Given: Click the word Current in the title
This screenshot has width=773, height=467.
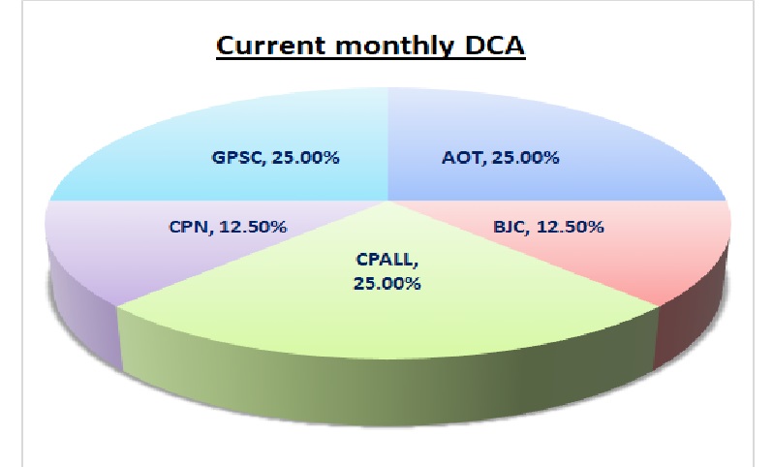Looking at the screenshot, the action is (x=271, y=46).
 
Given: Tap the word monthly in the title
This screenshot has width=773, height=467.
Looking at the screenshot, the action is (x=394, y=47).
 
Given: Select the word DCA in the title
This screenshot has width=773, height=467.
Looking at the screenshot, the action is (x=494, y=46).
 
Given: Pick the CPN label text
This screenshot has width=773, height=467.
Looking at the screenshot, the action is (x=191, y=227).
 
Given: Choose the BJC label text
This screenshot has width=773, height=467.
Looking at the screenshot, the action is (x=511, y=227).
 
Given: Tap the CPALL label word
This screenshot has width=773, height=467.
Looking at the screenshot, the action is (x=387, y=260).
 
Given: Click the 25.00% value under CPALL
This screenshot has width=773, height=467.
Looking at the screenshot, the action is (x=387, y=284).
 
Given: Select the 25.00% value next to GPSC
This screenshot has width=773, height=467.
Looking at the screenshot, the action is (x=306, y=158).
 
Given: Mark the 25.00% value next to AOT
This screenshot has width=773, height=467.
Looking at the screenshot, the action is (x=526, y=158).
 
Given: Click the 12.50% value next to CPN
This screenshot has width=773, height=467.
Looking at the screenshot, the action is (x=253, y=227).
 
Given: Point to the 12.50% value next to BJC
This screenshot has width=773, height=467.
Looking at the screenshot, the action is (x=570, y=227).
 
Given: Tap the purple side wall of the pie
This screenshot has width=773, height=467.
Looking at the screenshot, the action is (x=84, y=316).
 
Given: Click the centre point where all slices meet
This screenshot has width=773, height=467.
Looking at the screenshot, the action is (x=388, y=201).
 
